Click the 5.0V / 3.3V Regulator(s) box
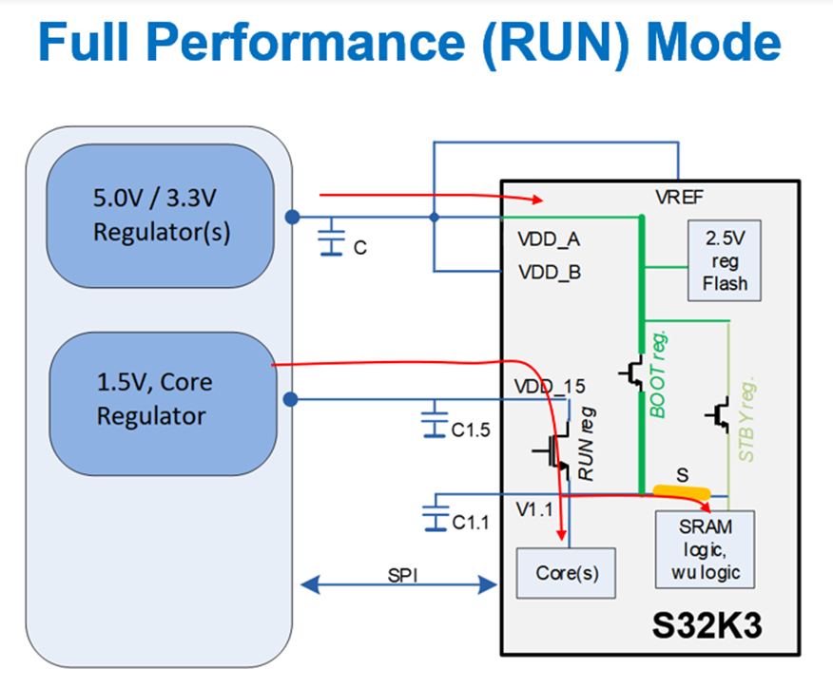click(161, 217)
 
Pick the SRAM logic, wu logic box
click(705, 550)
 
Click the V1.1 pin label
click(533, 509)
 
